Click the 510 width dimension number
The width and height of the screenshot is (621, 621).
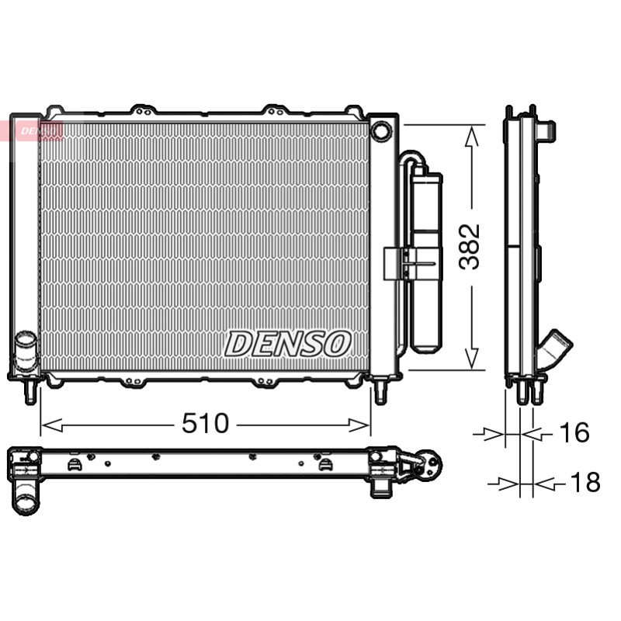pos(205,423)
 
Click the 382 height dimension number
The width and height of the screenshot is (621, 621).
pos(470,247)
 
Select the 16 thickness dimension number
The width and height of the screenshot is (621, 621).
pos(574,432)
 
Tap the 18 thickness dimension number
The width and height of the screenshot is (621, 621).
pos(585,482)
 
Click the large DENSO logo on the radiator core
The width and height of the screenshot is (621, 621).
pos(288,344)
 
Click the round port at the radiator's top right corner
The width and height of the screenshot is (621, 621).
pos(381,130)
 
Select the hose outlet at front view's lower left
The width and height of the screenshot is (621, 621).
pos(26,351)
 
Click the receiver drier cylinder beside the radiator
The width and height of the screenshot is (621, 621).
pos(426,262)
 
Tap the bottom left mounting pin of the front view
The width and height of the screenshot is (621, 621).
pos(30,391)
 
